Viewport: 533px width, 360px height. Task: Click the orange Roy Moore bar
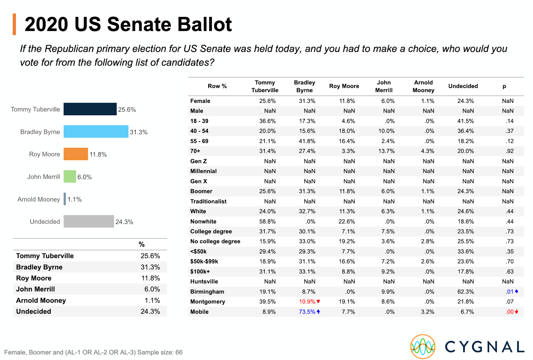coord(76,154)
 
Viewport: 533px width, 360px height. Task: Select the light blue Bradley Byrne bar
coord(96,132)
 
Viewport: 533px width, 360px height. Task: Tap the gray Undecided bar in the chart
coord(89,221)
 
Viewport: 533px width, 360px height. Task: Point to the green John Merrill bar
coord(70,177)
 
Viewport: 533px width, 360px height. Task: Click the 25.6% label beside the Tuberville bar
coord(127,110)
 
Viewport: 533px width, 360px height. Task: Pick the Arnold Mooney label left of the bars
coord(39,199)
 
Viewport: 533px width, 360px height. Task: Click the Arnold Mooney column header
coord(423,86)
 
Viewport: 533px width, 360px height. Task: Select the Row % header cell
coord(217,86)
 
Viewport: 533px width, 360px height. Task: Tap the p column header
coord(504,86)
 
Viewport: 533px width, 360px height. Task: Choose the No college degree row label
coord(215,241)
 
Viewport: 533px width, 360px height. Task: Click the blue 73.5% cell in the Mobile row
coord(307,312)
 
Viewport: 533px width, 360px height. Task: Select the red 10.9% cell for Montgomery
coord(307,302)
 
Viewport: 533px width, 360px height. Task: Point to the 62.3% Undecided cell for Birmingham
coord(466,292)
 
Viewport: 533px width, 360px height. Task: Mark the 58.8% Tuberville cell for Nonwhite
coord(267,221)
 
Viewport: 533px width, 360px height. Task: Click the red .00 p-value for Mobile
coord(510,312)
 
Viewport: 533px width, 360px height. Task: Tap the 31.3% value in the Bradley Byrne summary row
coord(150,267)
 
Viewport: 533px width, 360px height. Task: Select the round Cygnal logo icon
coord(423,347)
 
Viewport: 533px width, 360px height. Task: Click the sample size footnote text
coord(93,352)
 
